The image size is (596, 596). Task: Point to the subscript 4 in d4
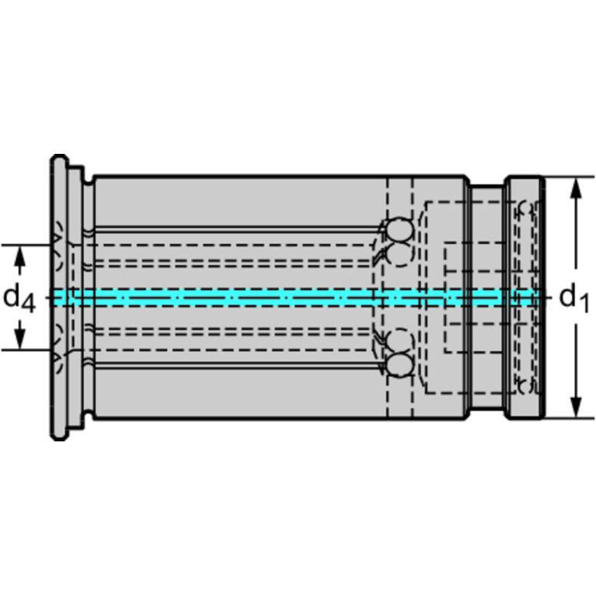[29, 302]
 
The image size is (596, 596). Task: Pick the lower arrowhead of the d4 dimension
[21, 340]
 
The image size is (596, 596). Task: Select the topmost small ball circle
[399, 230]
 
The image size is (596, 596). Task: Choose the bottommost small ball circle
[399, 362]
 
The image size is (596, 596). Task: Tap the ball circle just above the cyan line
[399, 254]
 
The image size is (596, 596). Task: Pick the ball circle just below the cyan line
[399, 339]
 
